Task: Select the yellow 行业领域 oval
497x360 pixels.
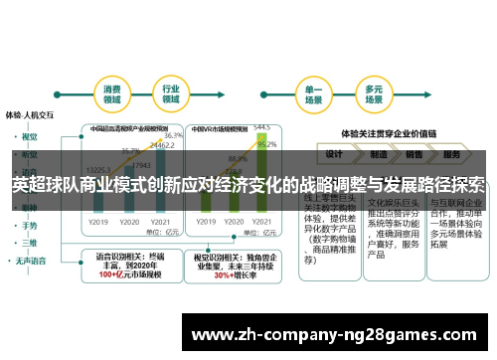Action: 170,94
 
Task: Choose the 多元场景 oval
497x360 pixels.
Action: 375,94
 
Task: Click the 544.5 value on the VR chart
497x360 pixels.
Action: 260,126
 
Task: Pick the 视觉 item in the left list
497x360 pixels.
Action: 29,136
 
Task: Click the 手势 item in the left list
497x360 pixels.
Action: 29,226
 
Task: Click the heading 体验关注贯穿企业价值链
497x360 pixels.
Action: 391,131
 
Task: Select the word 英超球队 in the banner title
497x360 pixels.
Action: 44,186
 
